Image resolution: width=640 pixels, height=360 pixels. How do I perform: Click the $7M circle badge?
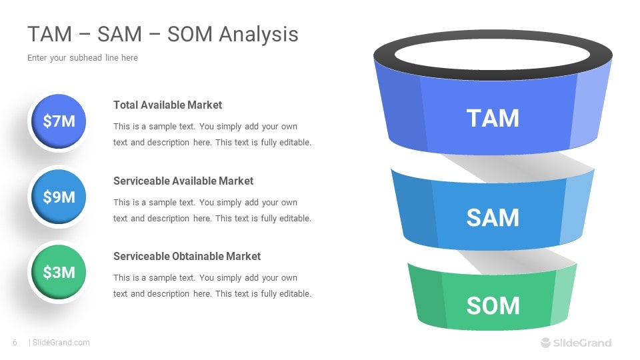pos(59,121)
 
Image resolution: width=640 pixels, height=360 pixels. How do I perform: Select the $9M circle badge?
pos(59,197)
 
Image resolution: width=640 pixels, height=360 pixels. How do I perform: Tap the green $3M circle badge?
pos(59,272)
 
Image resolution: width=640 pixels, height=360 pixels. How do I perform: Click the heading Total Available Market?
pos(167,105)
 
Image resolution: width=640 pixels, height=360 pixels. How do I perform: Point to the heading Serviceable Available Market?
pos(183,181)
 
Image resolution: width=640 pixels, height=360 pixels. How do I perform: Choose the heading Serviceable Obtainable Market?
pos(187,256)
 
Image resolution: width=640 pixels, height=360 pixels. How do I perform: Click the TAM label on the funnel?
pos(493,119)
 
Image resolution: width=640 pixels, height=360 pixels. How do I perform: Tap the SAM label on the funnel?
pos(493,217)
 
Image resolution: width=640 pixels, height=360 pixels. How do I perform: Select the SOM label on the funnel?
pos(493,306)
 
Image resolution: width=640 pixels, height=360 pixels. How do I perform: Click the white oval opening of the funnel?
pos(492,55)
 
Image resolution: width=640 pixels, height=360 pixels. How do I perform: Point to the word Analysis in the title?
pos(259,34)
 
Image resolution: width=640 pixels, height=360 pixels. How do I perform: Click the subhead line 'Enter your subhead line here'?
pos(83,58)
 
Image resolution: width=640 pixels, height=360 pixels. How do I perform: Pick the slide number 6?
pos(15,343)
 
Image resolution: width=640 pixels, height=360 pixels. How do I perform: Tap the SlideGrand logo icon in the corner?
pos(546,343)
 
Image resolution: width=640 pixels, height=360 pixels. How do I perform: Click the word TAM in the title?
pos(50,34)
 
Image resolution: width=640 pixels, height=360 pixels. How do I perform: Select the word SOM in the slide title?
pos(190,34)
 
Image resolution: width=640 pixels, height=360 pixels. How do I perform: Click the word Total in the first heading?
pos(126,105)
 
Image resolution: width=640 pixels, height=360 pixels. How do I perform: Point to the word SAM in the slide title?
pos(119,34)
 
